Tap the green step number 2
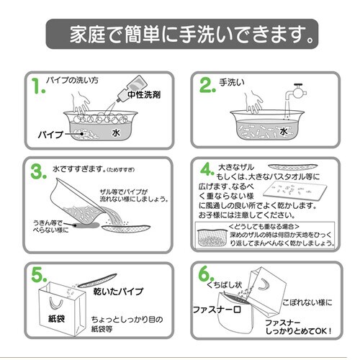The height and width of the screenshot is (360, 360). [207, 86]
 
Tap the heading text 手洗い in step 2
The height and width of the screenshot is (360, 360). [233, 82]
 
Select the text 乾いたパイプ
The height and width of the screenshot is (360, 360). [118, 292]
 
